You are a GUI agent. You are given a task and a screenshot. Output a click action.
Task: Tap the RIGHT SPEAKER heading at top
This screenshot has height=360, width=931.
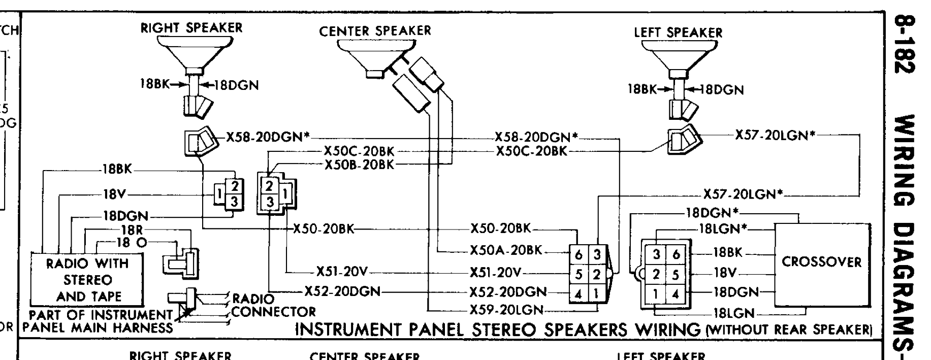191,28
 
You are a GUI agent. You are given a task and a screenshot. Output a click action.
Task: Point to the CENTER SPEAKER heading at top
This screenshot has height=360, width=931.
375,31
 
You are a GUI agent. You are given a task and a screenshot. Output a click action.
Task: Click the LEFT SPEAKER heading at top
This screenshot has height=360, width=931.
678,33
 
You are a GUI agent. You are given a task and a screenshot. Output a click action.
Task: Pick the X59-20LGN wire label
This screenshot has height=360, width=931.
506,310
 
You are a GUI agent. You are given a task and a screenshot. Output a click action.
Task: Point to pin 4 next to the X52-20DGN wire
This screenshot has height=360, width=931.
579,293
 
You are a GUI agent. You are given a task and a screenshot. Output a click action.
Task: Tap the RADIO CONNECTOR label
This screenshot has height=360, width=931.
273,305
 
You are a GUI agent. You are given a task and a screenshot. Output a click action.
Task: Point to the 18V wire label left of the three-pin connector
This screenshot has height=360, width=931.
114,194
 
